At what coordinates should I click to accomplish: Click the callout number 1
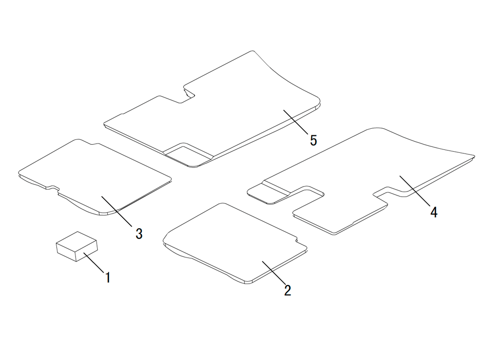click(108, 278)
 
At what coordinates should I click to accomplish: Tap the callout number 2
click(287, 290)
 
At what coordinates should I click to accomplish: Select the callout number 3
click(139, 234)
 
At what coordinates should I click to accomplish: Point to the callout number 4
click(434, 212)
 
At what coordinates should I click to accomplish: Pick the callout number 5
click(313, 140)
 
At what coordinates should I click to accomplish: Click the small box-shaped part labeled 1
click(76, 246)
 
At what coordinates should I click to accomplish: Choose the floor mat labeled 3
click(95, 177)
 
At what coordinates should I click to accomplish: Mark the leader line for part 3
click(117, 211)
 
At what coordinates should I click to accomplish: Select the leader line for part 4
click(415, 191)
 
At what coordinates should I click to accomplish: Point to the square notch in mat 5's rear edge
click(188, 94)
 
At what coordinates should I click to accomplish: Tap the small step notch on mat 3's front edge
click(53, 188)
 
